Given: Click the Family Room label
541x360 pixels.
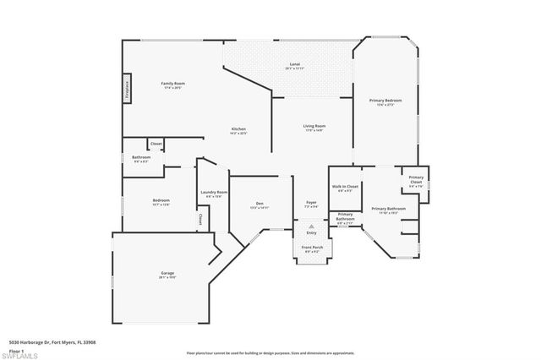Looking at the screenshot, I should coord(173,84).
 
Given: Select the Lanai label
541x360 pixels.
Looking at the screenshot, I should coord(294,64).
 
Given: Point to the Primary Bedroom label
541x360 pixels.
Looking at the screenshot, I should coord(385,101).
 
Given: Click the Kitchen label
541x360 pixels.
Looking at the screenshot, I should coord(238,129).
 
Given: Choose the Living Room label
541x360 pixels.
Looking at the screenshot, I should coord(314,127).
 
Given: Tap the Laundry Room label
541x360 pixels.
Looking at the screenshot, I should coord(214,193).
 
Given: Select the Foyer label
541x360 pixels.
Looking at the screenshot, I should coord(311,204).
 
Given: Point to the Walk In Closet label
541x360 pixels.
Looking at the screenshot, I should coord(345,187).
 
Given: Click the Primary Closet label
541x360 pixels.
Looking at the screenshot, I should coord(416,179).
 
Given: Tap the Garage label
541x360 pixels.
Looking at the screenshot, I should coord(167,274).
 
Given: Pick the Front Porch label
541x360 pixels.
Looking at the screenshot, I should coord(311,248).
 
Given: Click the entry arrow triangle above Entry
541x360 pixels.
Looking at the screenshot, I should coord(311,227).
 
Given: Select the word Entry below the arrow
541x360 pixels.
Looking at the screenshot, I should coord(311,234).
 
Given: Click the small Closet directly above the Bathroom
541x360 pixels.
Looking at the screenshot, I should coord(156,145).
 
